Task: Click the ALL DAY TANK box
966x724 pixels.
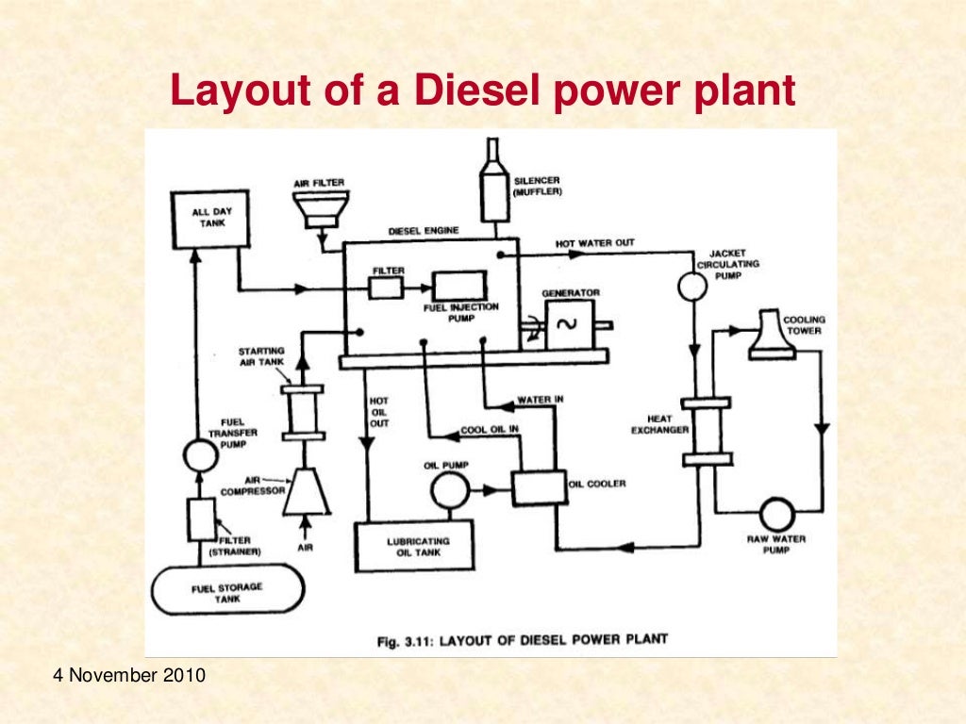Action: (x=211, y=219)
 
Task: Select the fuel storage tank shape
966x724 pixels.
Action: (x=227, y=591)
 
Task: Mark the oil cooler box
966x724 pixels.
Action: (x=539, y=485)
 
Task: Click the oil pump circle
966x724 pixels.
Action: (x=449, y=490)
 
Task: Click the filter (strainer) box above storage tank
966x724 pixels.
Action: (x=201, y=518)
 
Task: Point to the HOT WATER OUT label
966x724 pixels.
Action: (x=594, y=243)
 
